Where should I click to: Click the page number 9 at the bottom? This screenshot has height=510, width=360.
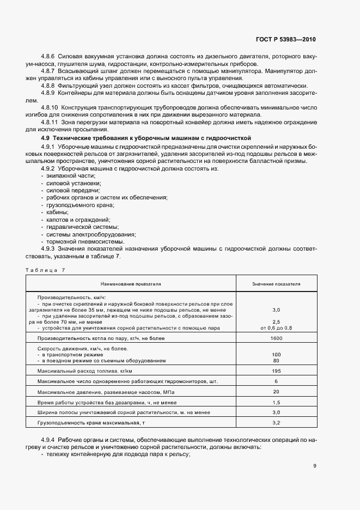pos(314,465)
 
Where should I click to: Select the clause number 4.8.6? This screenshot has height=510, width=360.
pos(49,57)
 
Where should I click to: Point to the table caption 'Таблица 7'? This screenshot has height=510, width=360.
pos(45,270)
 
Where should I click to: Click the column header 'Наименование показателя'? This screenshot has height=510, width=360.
pos(130,284)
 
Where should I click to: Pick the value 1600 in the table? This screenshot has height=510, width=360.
pos(276,338)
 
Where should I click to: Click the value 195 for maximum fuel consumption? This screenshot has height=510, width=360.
pos(276,371)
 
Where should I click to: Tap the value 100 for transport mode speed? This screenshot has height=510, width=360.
pos(276,354)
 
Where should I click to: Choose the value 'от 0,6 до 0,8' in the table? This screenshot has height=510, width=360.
pos(276,327)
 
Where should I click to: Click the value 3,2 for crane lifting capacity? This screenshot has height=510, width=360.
pos(276,422)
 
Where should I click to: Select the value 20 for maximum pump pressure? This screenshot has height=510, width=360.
pos(276,391)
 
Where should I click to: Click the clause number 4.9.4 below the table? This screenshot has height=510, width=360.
pos(49,439)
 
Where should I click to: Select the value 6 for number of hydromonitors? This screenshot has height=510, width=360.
pos(276,381)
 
